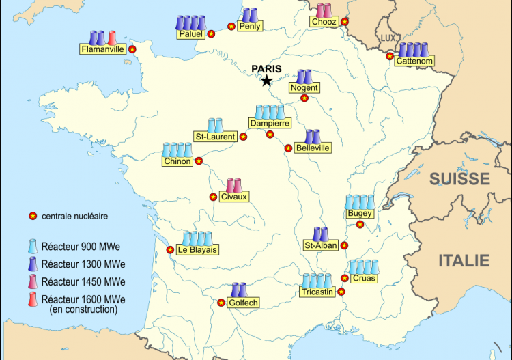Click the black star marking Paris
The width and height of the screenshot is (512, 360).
(x=266, y=81)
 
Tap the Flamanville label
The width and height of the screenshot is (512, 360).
(x=103, y=49)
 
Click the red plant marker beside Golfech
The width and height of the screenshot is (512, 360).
(x=221, y=303)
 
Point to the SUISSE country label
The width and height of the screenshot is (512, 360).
(x=459, y=179)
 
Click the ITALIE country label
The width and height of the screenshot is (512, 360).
(x=464, y=260)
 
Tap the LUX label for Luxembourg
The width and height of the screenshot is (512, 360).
(x=388, y=38)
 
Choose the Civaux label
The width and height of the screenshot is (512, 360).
(x=234, y=197)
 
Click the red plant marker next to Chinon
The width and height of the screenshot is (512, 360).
(x=199, y=161)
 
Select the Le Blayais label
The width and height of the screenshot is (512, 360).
(x=197, y=250)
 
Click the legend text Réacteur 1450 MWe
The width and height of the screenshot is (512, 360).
(x=83, y=281)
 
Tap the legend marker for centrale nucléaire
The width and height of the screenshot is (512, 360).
(x=31, y=217)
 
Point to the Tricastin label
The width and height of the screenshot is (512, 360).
(x=317, y=292)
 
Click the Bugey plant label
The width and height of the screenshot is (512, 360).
(x=360, y=214)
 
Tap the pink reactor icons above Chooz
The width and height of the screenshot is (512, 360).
(x=324, y=11)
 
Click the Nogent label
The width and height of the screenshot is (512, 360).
(x=304, y=88)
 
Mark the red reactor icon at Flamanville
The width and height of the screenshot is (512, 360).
(x=111, y=37)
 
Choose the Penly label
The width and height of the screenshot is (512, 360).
(x=249, y=27)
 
